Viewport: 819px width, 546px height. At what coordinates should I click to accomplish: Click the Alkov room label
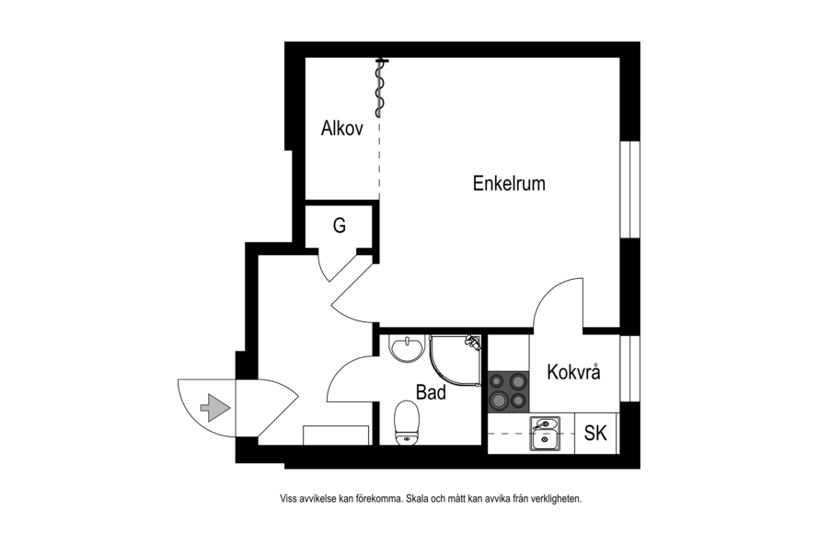[x=342, y=128]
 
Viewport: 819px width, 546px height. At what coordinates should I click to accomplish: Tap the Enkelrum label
[x=509, y=183]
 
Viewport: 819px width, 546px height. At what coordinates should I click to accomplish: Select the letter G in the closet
[x=340, y=226]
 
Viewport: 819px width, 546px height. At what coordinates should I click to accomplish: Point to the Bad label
[x=431, y=392]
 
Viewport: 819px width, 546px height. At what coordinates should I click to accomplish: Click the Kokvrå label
[x=573, y=371]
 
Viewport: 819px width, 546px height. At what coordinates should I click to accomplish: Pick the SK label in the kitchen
[x=595, y=433]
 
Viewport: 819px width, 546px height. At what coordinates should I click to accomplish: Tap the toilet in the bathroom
[x=408, y=423]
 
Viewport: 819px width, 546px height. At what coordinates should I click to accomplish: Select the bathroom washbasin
[x=408, y=348]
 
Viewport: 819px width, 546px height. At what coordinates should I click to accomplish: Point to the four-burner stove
[x=508, y=391]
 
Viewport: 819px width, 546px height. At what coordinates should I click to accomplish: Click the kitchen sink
[x=545, y=434]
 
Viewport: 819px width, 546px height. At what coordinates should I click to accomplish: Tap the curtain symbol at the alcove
[x=380, y=87]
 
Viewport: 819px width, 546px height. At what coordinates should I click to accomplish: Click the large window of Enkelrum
[x=630, y=189]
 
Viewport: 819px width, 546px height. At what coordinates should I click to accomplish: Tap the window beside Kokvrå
[x=630, y=368]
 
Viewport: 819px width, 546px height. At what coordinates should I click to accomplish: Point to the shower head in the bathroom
[x=473, y=342]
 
